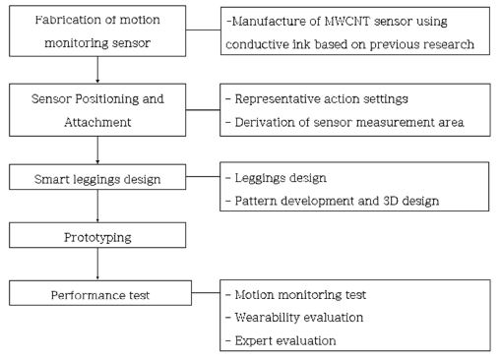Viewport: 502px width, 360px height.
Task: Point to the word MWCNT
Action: coord(347,22)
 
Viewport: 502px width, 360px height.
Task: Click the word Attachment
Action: coord(97,122)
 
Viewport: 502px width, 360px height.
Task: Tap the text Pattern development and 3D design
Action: coord(337,201)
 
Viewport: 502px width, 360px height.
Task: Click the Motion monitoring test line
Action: coord(300,295)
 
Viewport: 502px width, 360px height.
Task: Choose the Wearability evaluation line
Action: coord(299,318)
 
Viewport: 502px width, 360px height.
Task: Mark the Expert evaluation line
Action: coord(285,340)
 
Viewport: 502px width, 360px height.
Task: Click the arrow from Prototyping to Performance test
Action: coord(97,264)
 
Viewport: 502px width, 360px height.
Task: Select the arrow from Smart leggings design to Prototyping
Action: coord(97,207)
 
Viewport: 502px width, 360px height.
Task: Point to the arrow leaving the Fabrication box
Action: coord(97,70)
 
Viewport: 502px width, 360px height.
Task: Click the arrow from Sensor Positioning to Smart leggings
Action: coord(97,150)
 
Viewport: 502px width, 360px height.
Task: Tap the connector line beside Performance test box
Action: coord(206,292)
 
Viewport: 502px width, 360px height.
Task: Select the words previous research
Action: coord(422,44)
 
